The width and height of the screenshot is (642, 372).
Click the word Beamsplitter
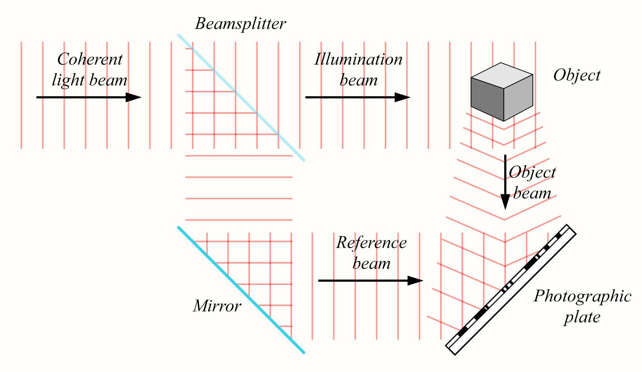[x=240, y=24]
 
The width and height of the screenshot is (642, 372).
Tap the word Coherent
[x=90, y=59]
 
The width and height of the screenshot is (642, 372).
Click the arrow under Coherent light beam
[x=88, y=97]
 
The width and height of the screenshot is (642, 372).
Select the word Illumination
[x=358, y=59]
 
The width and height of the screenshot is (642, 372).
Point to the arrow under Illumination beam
[x=357, y=97]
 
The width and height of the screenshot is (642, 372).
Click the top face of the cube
[x=502, y=75]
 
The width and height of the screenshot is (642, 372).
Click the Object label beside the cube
[x=577, y=75]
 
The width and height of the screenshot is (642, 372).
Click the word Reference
[x=371, y=243]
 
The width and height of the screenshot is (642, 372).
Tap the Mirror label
[x=217, y=306]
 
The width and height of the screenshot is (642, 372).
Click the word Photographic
[x=583, y=296]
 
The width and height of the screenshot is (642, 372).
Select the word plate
[x=582, y=317]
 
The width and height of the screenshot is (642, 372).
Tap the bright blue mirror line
[x=241, y=290]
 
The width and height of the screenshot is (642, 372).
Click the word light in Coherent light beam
[x=68, y=81]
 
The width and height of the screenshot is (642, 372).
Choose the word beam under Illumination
[x=358, y=81]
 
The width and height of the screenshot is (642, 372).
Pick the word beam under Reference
[x=371, y=264]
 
